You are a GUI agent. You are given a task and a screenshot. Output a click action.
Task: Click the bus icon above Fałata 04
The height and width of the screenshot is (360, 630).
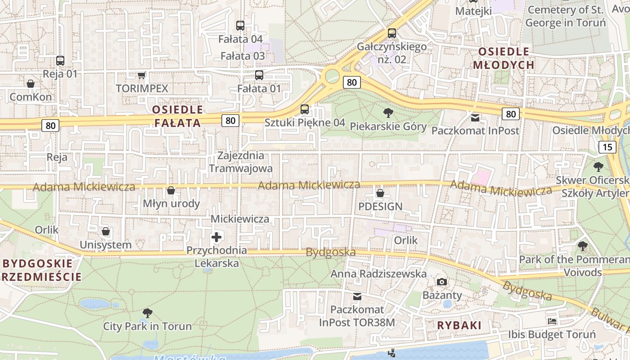pos(240,26)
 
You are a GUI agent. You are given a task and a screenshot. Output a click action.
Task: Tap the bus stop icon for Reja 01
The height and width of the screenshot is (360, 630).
pos(60,60)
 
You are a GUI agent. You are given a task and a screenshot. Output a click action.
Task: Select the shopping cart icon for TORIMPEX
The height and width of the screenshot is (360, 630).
pos(142,75)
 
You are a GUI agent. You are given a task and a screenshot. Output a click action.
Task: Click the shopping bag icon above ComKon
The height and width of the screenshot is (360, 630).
pos(31,84)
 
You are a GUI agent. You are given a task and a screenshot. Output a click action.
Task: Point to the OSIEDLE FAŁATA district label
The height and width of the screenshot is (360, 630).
pos(177,116)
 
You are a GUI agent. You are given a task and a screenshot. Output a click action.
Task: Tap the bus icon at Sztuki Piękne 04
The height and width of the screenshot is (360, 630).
pos(305,109)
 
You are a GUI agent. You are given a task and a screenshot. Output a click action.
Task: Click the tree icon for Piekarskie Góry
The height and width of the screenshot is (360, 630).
pos(388,113)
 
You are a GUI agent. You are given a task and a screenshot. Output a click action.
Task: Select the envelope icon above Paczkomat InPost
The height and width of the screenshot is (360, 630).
pos(475,118)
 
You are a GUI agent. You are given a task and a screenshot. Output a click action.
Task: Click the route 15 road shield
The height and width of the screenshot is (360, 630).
pos(607,147)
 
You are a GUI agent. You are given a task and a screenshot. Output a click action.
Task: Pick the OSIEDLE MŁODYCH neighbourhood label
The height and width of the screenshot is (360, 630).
pos(504,58)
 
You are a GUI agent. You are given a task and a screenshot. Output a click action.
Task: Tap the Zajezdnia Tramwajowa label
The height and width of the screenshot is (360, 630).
pos(241,162)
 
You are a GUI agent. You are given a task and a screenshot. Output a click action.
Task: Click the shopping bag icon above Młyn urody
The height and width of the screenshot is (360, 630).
pos(171,191)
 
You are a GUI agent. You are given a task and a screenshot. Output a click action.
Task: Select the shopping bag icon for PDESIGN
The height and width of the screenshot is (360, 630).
pos(380,193)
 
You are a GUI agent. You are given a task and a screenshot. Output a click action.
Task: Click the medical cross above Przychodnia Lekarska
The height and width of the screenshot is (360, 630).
pos(216,237)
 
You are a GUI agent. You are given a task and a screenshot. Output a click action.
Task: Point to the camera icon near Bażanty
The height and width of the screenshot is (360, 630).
pos(442,282)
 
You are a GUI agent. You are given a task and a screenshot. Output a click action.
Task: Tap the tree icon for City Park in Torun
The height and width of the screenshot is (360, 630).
pos(147,313)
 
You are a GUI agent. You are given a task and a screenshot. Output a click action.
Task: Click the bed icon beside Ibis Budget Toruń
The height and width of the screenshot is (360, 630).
pos(552,321)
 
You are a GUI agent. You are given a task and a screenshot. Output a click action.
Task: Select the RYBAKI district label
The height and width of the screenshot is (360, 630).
pos(459,325)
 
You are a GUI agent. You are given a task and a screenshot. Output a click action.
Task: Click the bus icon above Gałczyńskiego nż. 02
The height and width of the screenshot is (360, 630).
pos(392,33)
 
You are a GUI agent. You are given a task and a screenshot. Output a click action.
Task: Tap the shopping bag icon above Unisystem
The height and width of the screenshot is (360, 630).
pos(106,232)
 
